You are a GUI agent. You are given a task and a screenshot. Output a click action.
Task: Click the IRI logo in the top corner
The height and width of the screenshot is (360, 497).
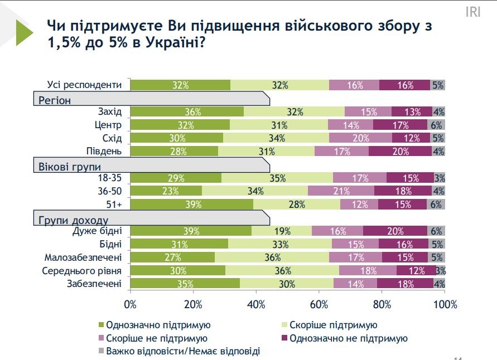472,12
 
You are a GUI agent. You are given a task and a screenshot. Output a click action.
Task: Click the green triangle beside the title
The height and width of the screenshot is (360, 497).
25,32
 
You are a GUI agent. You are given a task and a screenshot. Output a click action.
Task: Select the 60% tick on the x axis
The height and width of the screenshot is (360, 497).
319,304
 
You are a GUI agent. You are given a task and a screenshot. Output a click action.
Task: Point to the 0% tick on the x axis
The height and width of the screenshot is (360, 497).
130,304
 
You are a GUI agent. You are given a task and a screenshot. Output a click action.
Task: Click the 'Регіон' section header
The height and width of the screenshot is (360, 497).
55,100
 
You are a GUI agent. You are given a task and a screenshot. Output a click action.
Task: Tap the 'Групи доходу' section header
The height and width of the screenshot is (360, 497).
73,219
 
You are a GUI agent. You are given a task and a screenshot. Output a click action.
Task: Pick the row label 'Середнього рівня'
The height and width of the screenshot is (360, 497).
82,270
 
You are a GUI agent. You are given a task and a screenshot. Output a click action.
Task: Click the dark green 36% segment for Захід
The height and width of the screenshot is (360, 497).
186,111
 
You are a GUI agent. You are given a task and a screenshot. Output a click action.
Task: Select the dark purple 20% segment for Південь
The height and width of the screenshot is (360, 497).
400,152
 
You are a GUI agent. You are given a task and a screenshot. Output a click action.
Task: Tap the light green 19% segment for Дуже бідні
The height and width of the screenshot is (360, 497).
282,231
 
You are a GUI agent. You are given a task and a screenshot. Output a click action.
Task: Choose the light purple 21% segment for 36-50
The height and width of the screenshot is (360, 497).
341,191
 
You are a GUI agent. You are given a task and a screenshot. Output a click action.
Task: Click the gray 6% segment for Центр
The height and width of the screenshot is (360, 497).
436,125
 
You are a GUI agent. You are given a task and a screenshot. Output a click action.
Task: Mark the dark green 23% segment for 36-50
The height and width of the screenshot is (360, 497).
166,191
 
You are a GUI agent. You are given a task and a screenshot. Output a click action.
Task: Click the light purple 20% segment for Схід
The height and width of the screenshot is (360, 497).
360,138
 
